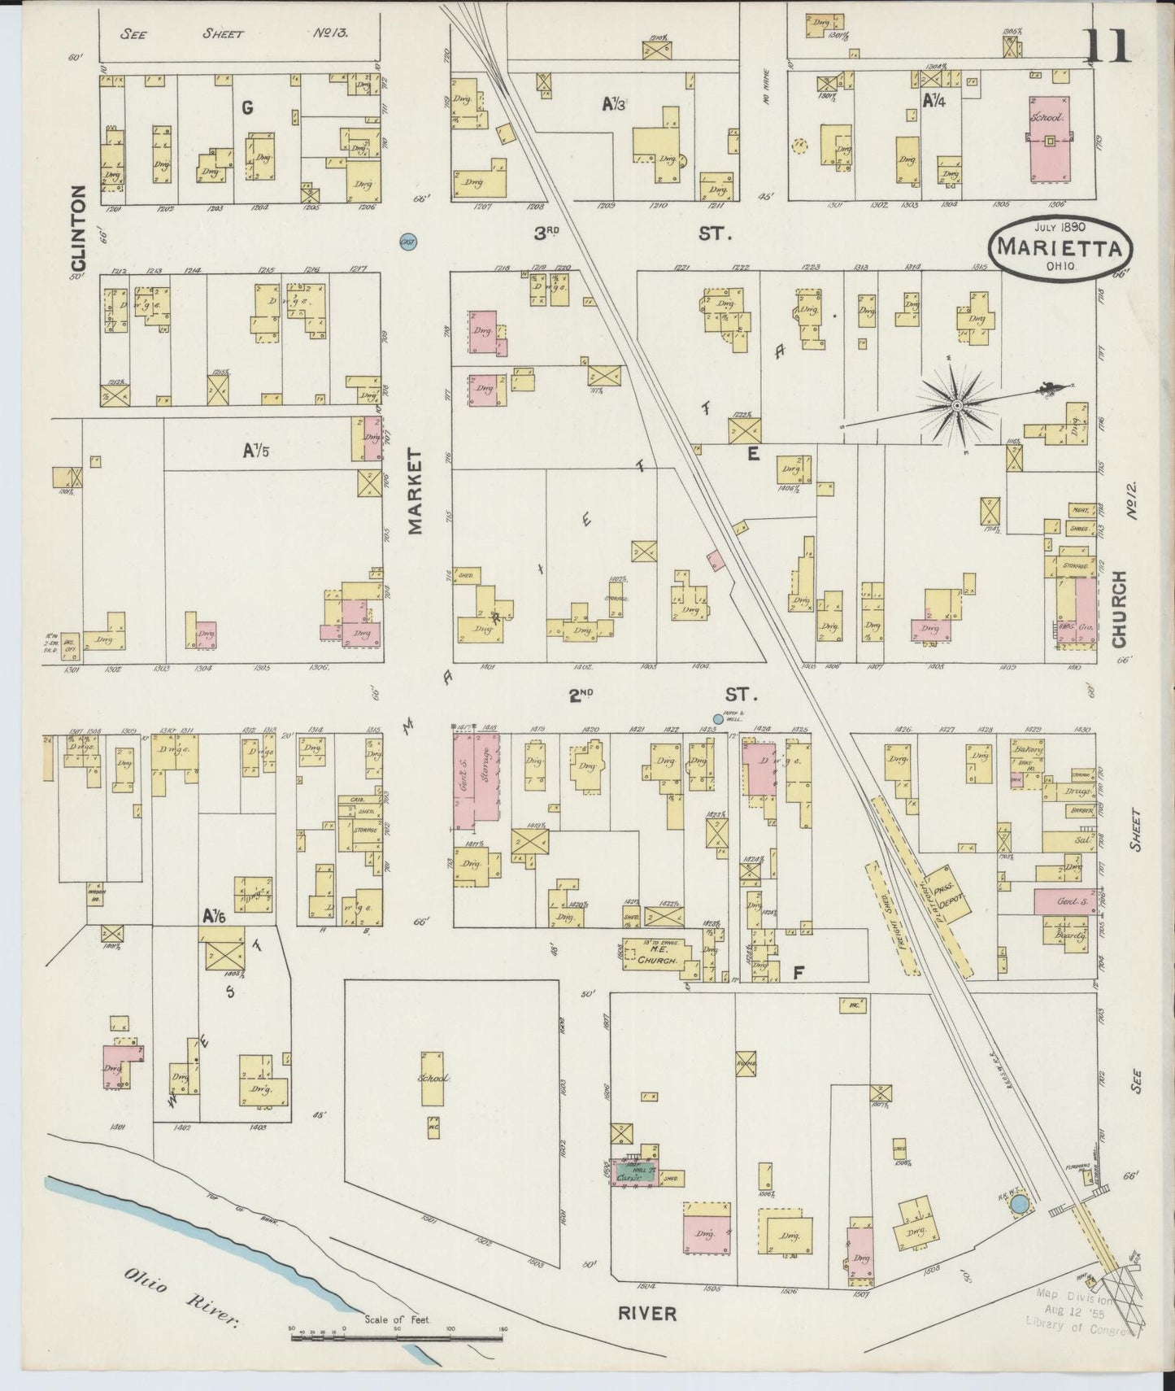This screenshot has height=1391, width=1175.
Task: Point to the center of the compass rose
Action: [957, 404]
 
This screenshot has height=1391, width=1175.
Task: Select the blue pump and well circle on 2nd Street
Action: [717, 719]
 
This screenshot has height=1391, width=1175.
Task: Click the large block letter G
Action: [247, 107]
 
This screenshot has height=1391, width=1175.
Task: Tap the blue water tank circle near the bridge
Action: [1020, 1205]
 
